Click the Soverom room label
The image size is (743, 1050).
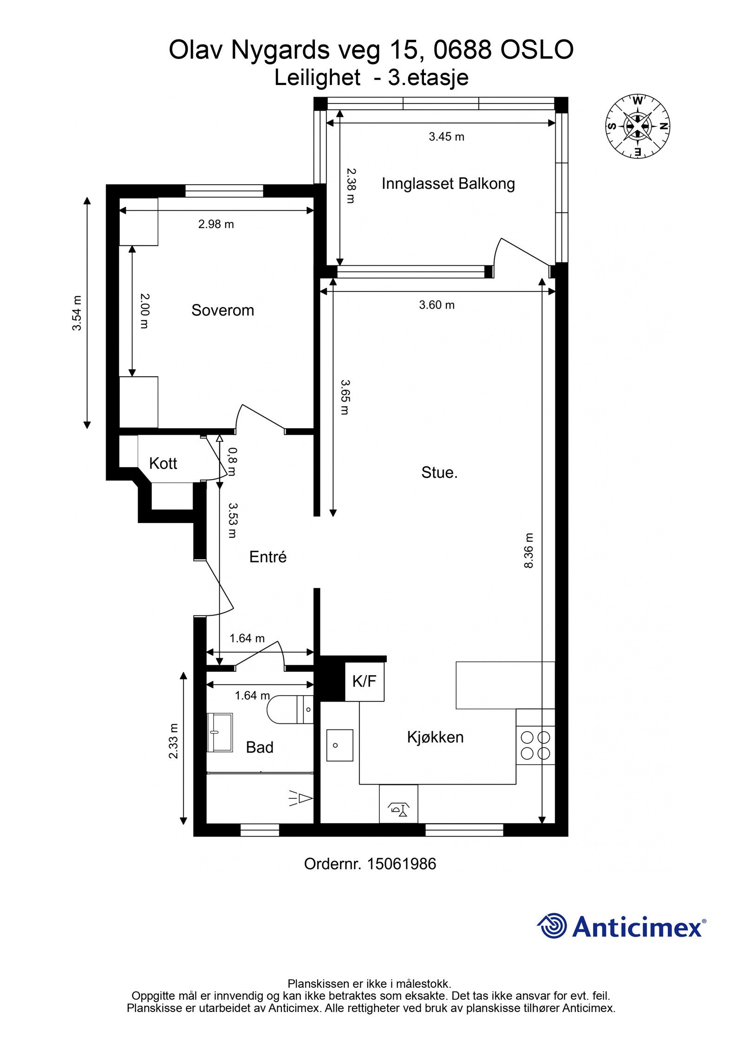point(222,310)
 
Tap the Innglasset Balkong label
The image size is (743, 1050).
point(448,184)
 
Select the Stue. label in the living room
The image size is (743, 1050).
point(439,472)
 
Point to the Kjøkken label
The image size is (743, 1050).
point(435,737)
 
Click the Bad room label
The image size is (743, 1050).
point(260,747)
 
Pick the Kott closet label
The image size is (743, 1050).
point(163,463)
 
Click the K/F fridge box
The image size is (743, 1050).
point(364,681)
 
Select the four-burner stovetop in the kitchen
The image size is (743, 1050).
point(535,745)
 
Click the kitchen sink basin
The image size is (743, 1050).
point(339,745)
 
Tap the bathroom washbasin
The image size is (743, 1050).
point(220,732)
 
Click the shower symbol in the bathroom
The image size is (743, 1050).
point(300,798)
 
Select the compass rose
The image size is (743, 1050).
point(638,126)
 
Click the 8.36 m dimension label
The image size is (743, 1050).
point(528,550)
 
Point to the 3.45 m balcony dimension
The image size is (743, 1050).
point(446,137)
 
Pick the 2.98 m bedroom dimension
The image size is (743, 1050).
point(216,224)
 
